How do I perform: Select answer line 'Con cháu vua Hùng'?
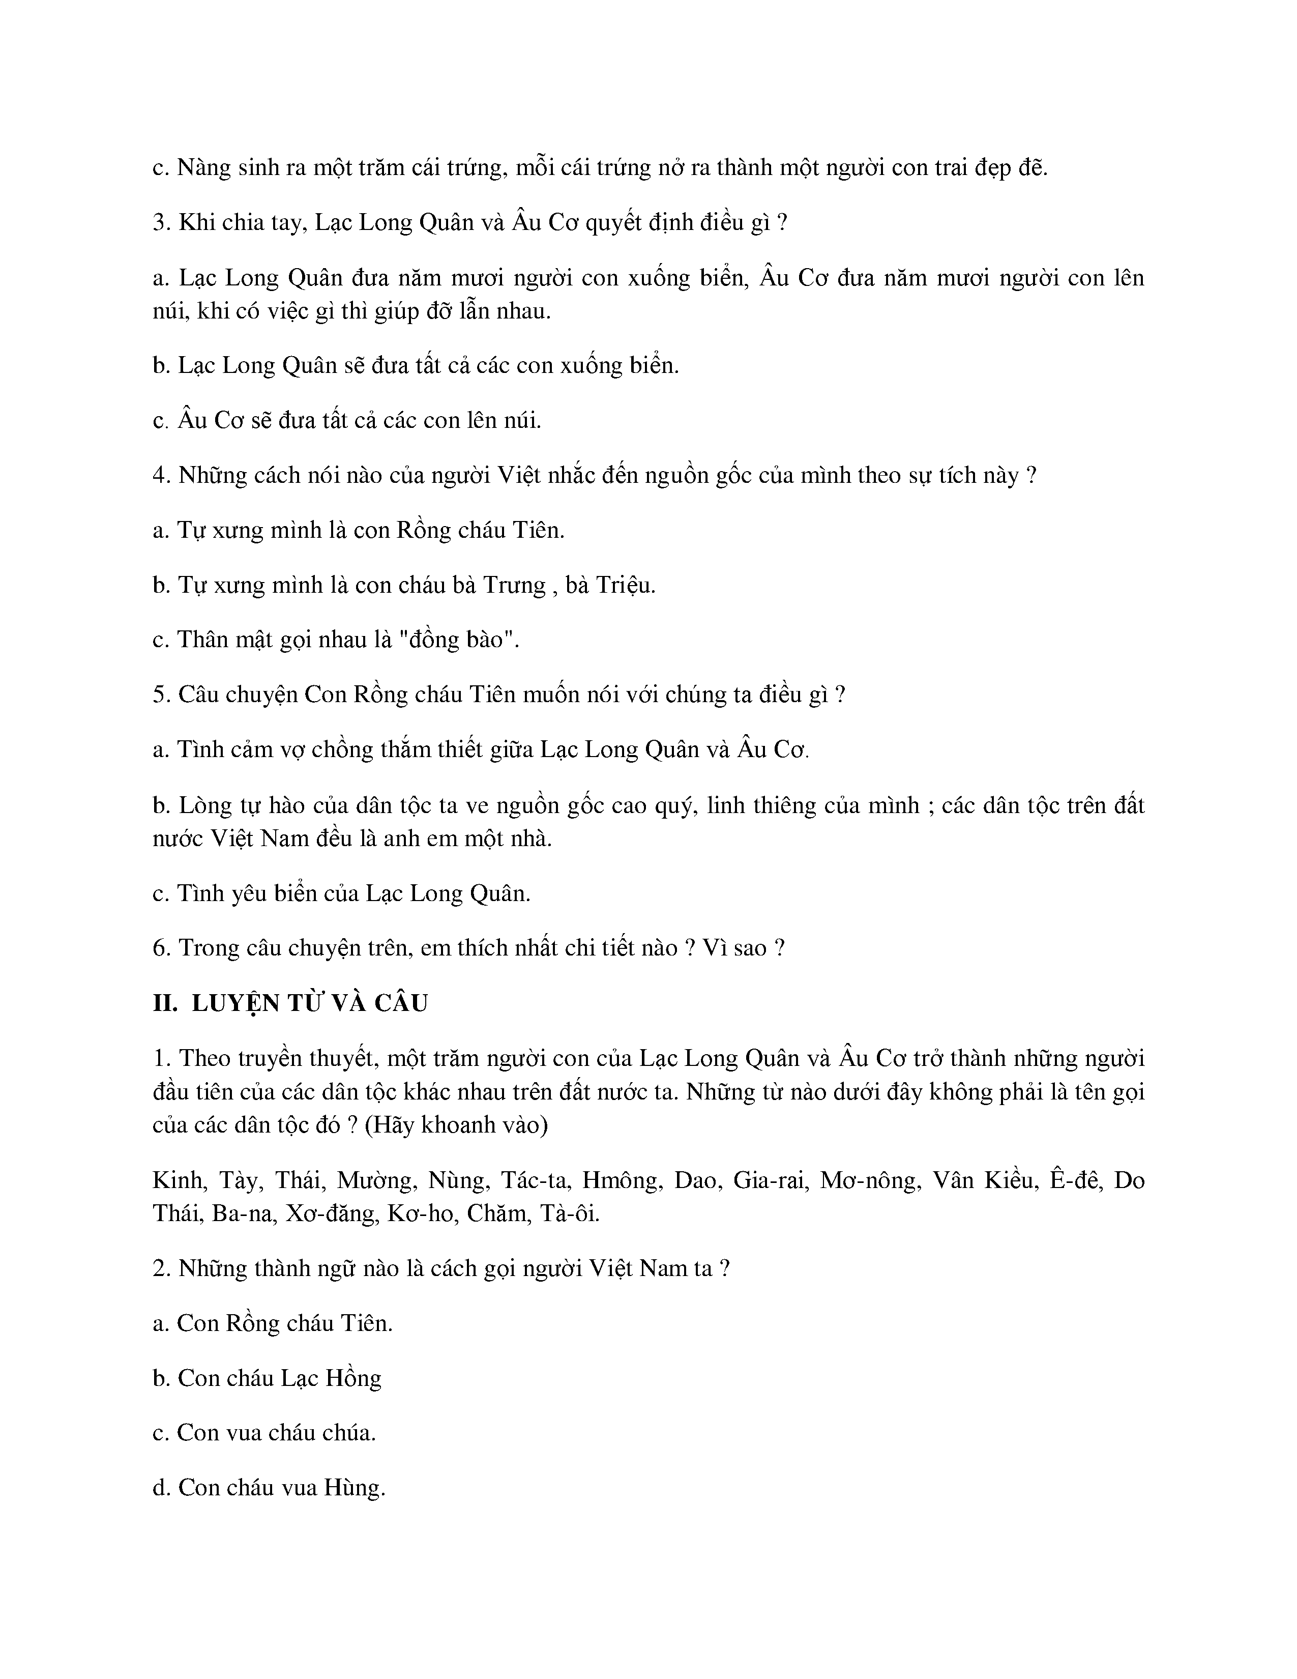coord(269,1488)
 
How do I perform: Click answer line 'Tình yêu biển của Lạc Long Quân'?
coord(342,893)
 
